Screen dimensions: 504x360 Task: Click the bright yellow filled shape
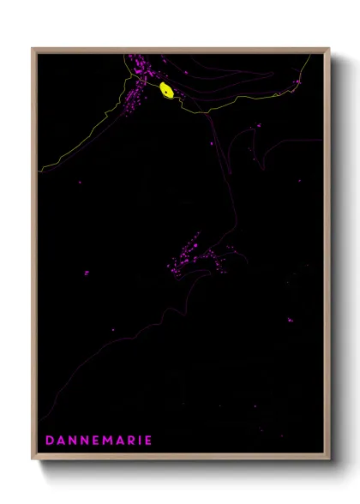[166, 90]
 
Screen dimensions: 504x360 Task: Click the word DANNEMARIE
[98, 441]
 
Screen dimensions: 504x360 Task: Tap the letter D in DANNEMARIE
[50, 441]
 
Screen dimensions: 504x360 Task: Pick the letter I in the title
[141, 441]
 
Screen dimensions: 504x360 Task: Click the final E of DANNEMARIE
[148, 441]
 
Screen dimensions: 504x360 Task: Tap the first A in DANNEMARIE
[61, 441]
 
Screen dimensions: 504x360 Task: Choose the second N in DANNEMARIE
[85, 441]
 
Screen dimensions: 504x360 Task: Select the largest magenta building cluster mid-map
[193, 253]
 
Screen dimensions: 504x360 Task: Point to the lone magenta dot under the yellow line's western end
[80, 182]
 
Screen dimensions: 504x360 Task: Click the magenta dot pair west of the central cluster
[86, 273]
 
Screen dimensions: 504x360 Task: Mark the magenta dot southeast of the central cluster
[290, 320]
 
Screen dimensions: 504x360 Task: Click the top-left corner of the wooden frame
[33, 49]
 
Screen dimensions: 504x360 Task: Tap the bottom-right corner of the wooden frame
[330, 459]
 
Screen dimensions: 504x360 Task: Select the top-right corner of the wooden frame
[330, 49]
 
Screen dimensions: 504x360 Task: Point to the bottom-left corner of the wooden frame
[33, 459]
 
